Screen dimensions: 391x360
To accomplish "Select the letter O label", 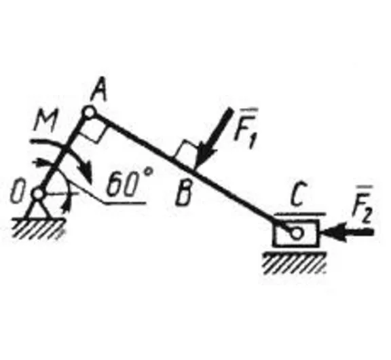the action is pos(16,193).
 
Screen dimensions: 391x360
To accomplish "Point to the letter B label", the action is pos(183,196).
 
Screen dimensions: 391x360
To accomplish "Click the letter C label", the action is pos(299,194).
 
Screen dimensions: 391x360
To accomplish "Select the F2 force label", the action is pos(362,205).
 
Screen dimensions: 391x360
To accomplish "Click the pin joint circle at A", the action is pos(88,113).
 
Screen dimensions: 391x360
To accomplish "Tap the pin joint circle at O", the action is pos(38,193).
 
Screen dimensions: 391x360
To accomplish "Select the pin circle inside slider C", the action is pos(296,233).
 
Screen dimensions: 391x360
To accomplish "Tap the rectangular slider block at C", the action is pos(296,233).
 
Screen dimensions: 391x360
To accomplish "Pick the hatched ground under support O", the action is pos(38,228).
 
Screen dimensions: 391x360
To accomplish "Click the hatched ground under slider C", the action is pos(295,263).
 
